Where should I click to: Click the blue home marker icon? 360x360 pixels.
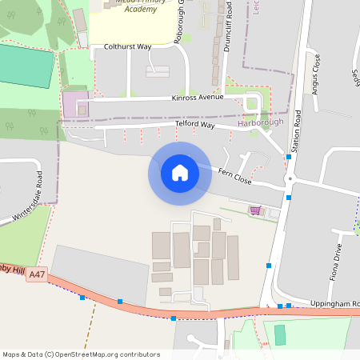180,173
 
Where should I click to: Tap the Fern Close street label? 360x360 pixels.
235,177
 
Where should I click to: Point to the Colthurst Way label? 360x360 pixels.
127,47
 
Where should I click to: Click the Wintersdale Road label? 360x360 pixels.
29,195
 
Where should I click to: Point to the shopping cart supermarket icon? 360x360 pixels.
255,211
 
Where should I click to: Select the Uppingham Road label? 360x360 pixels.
334,304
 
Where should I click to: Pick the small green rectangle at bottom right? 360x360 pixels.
280,334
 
